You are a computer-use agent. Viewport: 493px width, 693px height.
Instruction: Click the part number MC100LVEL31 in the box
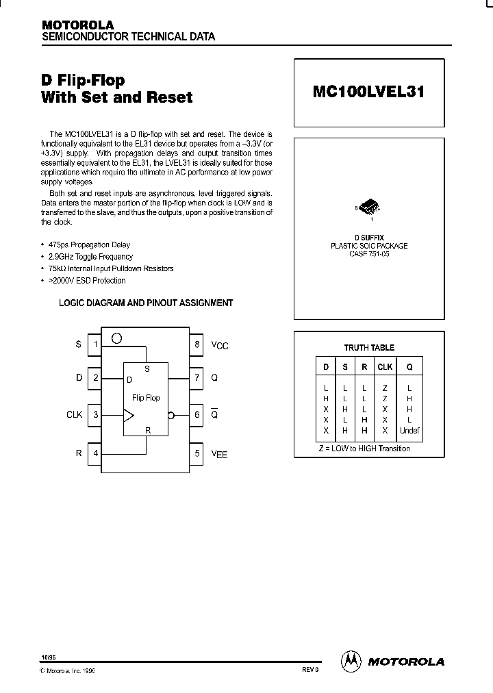click(x=368, y=92)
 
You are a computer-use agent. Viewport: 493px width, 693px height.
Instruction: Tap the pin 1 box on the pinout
click(x=95, y=344)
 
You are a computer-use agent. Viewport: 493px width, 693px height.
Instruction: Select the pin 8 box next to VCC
click(x=197, y=344)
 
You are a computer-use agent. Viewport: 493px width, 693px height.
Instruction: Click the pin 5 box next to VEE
click(x=197, y=453)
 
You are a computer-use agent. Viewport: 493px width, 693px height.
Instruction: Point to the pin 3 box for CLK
click(x=95, y=414)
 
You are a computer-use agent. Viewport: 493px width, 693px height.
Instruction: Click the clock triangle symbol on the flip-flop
click(x=129, y=414)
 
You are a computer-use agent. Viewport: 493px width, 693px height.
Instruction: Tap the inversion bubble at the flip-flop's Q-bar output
click(x=171, y=414)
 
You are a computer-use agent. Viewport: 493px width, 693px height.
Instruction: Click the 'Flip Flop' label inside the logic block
click(x=146, y=398)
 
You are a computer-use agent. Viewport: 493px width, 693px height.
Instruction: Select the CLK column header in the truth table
click(x=385, y=367)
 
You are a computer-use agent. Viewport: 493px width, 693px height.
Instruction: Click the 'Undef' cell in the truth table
click(x=409, y=431)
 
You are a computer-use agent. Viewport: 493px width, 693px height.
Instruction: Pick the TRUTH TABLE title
click(x=369, y=347)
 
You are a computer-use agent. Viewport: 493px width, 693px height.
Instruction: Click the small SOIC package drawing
click(x=368, y=207)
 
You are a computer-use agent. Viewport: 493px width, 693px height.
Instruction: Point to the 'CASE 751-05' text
click(x=369, y=254)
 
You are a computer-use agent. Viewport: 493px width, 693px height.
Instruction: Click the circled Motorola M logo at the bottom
click(x=351, y=661)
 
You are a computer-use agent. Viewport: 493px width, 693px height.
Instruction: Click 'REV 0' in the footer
click(x=310, y=670)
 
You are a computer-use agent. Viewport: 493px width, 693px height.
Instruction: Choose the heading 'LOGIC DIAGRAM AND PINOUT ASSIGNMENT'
click(x=146, y=303)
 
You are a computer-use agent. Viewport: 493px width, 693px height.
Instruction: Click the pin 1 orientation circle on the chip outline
click(x=117, y=338)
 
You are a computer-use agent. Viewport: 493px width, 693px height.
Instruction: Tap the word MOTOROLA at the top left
click(x=77, y=25)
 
